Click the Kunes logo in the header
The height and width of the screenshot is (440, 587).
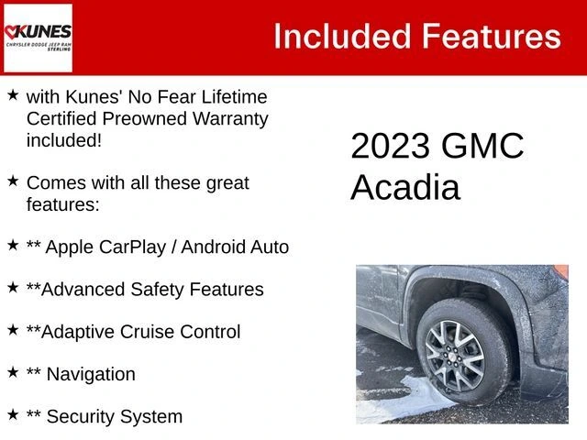(38, 38)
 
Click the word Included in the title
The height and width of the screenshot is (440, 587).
(342, 37)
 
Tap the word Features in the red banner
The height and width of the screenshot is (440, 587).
(492, 37)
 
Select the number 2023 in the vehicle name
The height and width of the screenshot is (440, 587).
(390, 146)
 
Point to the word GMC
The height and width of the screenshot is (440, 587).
(482, 146)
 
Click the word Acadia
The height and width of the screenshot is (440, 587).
(405, 187)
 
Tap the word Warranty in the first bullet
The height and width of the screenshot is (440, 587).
(230, 120)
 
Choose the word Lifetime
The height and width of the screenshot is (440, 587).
(235, 97)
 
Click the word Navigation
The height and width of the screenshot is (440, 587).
(91, 375)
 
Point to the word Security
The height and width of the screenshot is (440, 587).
(81, 417)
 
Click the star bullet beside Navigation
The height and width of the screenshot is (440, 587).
(13, 372)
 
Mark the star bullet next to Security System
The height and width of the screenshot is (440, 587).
(13, 414)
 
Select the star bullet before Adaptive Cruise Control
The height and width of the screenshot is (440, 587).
(13, 330)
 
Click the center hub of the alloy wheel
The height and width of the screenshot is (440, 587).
(455, 357)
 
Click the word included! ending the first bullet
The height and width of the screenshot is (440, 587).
(64, 141)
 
